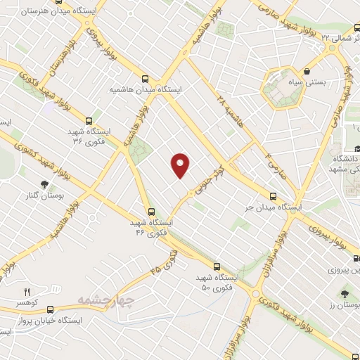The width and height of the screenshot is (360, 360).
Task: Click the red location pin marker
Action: click(x=181, y=165)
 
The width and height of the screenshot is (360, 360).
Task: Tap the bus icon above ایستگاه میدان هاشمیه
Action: click(x=146, y=79)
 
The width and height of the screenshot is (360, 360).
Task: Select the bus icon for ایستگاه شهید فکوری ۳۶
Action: click(x=89, y=120)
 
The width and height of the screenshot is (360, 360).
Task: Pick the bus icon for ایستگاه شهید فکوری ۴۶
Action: click(x=150, y=211)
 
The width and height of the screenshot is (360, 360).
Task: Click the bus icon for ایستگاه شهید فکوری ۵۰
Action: click(x=216, y=266)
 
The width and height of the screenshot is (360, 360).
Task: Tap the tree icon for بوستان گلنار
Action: click(x=45, y=184)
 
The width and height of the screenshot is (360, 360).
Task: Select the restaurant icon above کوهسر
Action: click(x=27, y=291)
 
